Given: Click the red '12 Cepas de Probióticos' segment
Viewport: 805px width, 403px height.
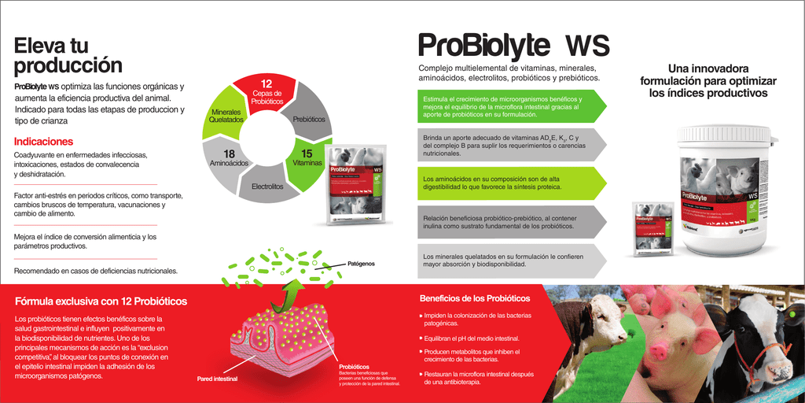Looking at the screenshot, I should click(x=266, y=93).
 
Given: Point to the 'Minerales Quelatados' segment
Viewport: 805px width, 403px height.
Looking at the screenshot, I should click(x=227, y=116).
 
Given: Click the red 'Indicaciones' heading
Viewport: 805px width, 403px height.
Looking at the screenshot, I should click(x=43, y=142).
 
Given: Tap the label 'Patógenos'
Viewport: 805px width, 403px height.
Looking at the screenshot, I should click(x=362, y=264).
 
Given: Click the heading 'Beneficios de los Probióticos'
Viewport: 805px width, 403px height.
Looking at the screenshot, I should click(x=475, y=298).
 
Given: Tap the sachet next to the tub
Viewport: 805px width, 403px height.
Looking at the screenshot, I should click(x=653, y=227).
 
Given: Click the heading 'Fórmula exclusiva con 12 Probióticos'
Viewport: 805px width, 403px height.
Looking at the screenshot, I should click(x=101, y=301).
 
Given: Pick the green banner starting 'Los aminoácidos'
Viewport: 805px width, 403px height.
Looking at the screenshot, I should click(x=512, y=183).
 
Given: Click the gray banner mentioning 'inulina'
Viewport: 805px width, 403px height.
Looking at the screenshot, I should click(x=512, y=221).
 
